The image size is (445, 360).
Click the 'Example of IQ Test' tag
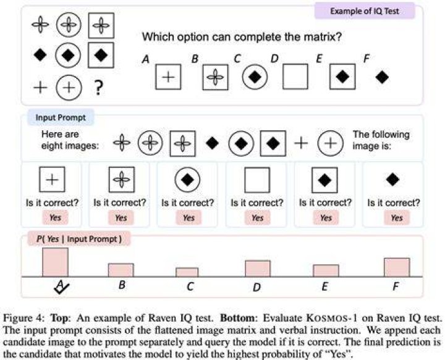click(x=365, y=11)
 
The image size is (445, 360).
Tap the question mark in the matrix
click(x=98, y=87)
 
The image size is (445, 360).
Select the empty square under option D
click(x=295, y=77)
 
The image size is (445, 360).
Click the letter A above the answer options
click(x=146, y=59)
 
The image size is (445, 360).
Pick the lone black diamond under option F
click(x=382, y=77)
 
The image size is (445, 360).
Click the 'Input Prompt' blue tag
click(x=61, y=118)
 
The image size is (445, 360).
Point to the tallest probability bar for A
click(x=56, y=262)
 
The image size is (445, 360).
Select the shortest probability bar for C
click(x=187, y=272)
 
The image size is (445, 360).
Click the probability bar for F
click(x=397, y=267)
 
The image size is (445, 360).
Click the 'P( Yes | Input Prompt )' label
click(x=79, y=239)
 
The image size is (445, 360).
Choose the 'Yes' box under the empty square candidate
click(x=257, y=218)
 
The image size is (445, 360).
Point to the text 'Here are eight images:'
click(x=70, y=140)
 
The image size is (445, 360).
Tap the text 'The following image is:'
click(x=381, y=140)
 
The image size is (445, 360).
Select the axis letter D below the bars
click(x=256, y=287)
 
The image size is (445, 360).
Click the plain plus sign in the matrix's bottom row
click(x=40, y=87)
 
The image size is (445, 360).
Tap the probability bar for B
click(x=121, y=270)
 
